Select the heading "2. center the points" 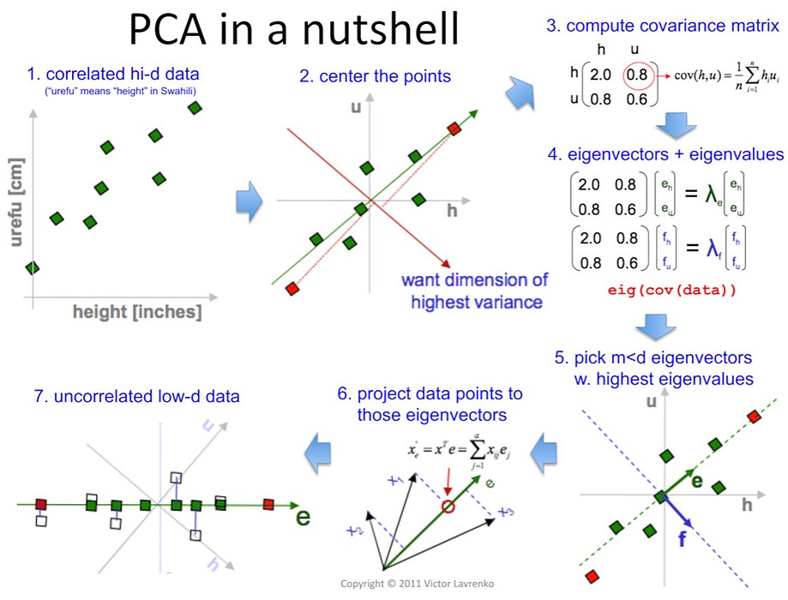pyautogui.click(x=375, y=76)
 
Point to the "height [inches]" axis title pyautogui.click(x=137, y=313)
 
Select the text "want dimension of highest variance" pyautogui.click(x=474, y=291)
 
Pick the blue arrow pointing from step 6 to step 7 pyautogui.click(x=319, y=450)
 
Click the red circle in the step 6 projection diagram pyautogui.click(x=448, y=507)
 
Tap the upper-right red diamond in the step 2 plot pyautogui.click(x=454, y=129)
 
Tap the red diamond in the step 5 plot pyautogui.click(x=754, y=417)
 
